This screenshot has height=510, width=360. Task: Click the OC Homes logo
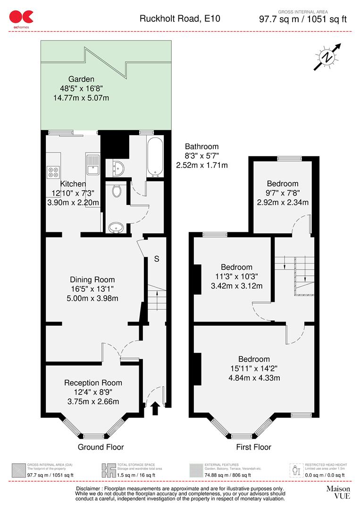pyautogui.click(x=21, y=17)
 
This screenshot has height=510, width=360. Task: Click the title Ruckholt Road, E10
pyautogui.click(x=180, y=19)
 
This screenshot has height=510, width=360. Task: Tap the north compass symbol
pyautogui.click(x=327, y=57)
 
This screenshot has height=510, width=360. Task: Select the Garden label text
pyautogui.click(x=81, y=79)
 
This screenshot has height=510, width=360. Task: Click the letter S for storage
pyautogui.click(x=157, y=259)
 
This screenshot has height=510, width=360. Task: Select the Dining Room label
pyautogui.click(x=92, y=280)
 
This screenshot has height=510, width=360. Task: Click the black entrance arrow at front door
pyautogui.click(x=155, y=408)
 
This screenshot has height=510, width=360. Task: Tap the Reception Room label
pyautogui.click(x=93, y=382)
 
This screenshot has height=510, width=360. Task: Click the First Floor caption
pyautogui.click(x=254, y=447)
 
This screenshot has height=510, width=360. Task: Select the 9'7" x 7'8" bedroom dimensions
pyautogui.click(x=282, y=193)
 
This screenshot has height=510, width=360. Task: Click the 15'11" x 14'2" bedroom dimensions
pyautogui.click(x=254, y=368)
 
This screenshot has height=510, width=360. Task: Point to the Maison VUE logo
pyautogui.click(x=338, y=492)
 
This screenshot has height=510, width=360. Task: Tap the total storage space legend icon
pyautogui.click(x=109, y=470)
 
